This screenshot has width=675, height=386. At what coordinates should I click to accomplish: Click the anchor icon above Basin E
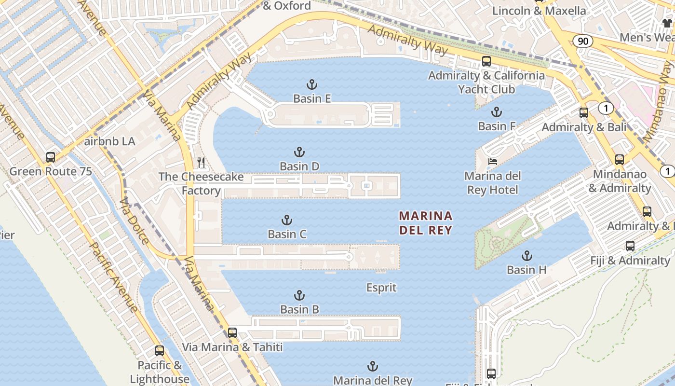[x=312, y=85]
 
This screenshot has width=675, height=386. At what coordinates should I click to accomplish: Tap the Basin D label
[x=299, y=166]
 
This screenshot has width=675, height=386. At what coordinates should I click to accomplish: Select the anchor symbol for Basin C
[x=287, y=221]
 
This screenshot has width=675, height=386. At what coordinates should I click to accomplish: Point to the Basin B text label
[x=299, y=309]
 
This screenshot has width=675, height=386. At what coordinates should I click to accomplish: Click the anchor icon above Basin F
[x=496, y=112]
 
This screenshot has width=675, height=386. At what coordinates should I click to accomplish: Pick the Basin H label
[x=526, y=270]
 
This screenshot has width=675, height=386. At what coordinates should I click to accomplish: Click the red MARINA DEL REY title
[x=426, y=222]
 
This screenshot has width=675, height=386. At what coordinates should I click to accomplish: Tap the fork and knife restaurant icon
[x=201, y=163]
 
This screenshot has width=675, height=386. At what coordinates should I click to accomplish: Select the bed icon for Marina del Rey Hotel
[x=492, y=161]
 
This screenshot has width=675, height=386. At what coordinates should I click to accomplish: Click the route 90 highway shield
[x=583, y=41]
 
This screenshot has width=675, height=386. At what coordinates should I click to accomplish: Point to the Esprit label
[x=381, y=288]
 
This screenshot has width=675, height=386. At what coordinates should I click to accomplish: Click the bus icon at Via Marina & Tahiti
[x=232, y=332]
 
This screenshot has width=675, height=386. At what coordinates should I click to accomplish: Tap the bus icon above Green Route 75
[x=50, y=157]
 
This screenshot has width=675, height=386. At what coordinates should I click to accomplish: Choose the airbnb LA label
[x=109, y=142]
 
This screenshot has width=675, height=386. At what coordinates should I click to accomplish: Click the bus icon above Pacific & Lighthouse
[x=160, y=351]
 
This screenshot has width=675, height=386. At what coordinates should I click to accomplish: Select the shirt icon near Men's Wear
[x=667, y=23]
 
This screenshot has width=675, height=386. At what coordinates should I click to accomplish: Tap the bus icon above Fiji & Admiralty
[x=630, y=246]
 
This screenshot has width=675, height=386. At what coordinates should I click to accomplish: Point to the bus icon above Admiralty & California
[x=486, y=61]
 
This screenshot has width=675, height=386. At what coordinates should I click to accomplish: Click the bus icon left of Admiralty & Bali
[x=583, y=113]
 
